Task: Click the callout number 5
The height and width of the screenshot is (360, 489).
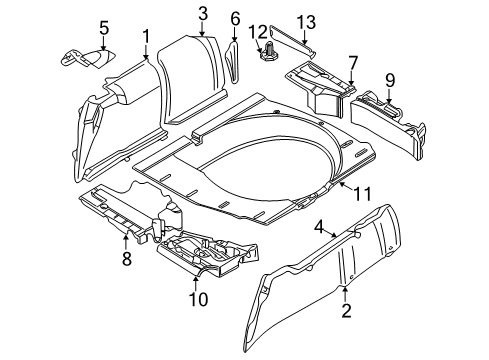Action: pos(105,25)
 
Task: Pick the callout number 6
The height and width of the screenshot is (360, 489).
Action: pos(235,18)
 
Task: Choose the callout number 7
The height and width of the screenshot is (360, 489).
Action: pos(351,62)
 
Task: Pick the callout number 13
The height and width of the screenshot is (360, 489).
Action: pos(304,23)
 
